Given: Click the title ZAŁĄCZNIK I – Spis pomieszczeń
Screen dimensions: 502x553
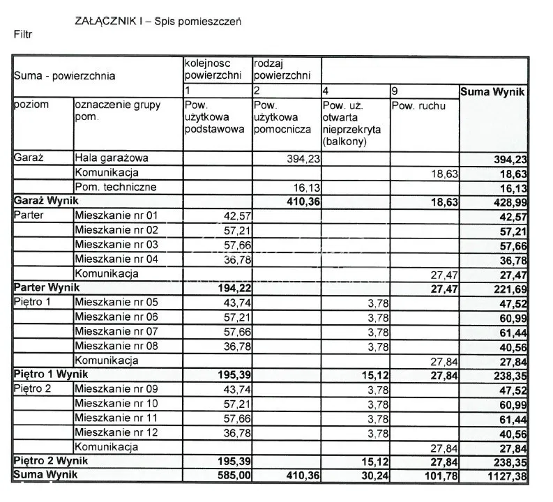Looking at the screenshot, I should [158, 21].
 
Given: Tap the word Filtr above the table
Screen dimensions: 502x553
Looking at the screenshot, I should [22, 33].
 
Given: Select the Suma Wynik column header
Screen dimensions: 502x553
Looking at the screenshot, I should [492, 92].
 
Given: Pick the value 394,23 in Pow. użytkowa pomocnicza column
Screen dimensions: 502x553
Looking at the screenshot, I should [303, 159].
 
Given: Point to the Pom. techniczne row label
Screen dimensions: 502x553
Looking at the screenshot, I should [116, 187].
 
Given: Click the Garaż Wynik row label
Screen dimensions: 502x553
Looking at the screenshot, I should [44, 201].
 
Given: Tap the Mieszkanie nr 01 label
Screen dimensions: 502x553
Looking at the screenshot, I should [117, 215].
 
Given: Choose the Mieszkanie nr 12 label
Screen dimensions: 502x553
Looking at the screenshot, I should [117, 432].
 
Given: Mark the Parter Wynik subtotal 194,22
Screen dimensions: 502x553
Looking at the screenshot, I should [227, 288].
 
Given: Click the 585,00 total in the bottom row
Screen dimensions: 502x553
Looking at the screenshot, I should [227, 476].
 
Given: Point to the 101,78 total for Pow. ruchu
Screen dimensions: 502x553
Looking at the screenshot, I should [441, 476].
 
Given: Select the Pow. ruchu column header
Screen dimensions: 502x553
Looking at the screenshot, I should [418, 107].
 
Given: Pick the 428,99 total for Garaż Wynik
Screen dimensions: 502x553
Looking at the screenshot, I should [509, 201].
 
